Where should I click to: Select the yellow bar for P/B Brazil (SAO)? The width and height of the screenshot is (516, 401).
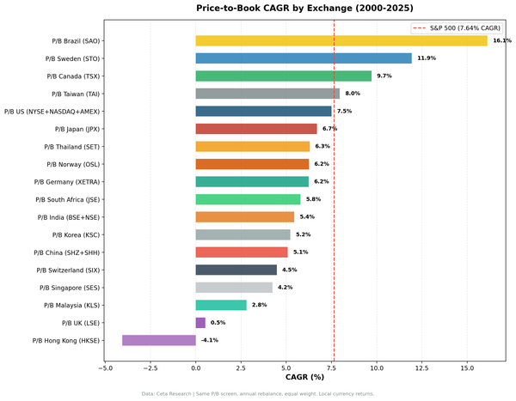[341, 40]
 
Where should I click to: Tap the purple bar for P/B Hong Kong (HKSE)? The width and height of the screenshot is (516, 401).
[159, 340]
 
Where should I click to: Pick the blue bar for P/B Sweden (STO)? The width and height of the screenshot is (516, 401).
[304, 58]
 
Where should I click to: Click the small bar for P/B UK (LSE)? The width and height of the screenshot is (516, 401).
[200, 323]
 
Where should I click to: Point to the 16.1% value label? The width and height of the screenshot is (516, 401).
[501, 40]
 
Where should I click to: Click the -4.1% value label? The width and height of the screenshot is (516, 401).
[210, 340]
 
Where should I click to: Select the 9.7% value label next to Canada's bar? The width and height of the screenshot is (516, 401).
[384, 76]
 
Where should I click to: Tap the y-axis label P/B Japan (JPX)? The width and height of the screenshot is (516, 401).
[77, 129]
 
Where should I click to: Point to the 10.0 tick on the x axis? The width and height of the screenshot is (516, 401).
[377, 368]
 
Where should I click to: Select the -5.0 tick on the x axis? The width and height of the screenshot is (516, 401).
[105, 368]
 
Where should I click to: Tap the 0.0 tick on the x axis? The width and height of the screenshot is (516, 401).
[196, 368]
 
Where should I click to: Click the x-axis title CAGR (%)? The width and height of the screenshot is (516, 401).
[304, 377]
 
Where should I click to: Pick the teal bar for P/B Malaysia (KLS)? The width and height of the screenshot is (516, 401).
[221, 305]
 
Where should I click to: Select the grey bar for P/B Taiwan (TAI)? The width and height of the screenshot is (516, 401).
[267, 94]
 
